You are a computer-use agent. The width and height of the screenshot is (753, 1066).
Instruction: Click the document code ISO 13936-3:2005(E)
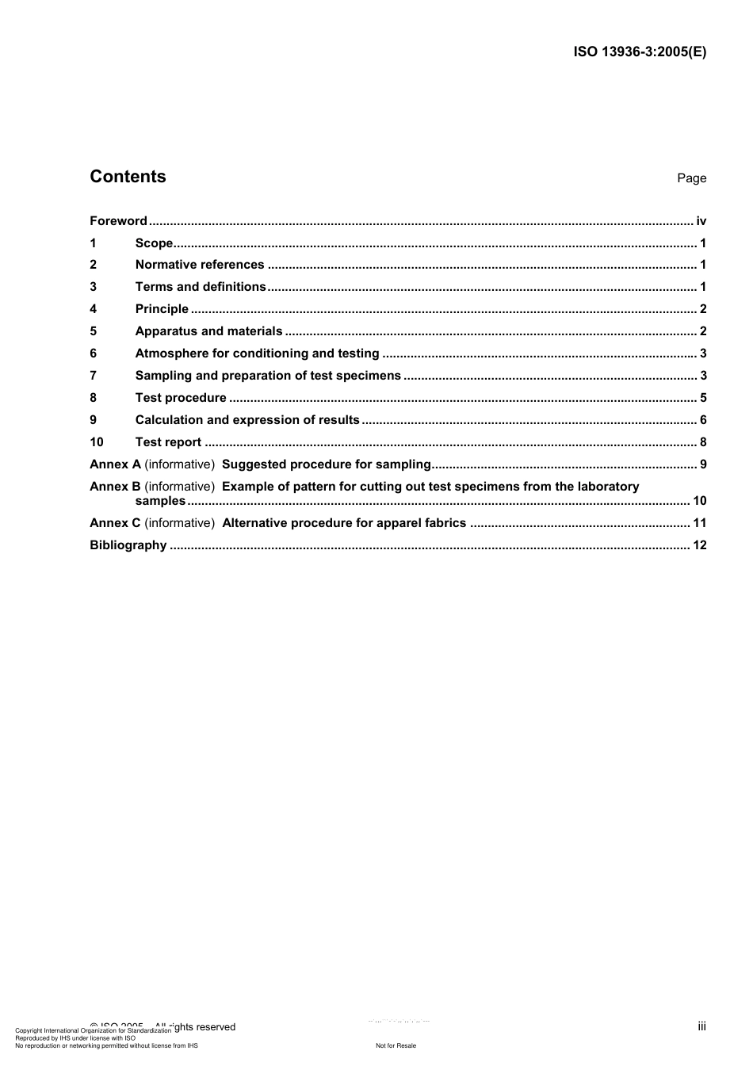tap(639, 52)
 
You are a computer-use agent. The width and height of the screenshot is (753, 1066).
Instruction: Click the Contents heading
tap(128, 177)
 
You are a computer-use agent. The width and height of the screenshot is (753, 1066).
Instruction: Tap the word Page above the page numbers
tap(691, 178)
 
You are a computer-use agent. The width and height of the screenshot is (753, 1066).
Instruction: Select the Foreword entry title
tap(118, 221)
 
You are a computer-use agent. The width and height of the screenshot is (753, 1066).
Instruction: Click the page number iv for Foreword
tap(701, 221)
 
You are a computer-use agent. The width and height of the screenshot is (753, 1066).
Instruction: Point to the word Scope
tap(154, 243)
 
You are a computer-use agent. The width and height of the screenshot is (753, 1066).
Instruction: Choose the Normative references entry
tap(200, 265)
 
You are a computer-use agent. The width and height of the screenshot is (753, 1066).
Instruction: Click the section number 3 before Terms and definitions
tap(94, 287)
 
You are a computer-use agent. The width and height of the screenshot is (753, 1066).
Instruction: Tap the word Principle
tap(162, 309)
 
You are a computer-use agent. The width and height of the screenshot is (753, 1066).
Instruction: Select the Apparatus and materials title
tap(208, 331)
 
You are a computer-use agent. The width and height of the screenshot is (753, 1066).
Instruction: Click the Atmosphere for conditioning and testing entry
tap(257, 353)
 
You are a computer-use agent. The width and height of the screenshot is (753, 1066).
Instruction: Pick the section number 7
tap(94, 376)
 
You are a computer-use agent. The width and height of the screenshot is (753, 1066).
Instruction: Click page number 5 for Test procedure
tap(703, 398)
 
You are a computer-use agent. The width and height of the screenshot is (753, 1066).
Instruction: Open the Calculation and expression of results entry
tap(247, 420)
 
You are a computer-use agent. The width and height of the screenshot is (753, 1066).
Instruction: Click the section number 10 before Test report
tap(97, 442)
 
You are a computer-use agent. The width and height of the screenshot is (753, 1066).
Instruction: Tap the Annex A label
tap(115, 464)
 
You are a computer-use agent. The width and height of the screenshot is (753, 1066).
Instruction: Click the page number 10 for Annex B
tap(699, 501)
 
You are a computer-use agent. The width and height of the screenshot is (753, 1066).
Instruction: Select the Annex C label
tap(115, 523)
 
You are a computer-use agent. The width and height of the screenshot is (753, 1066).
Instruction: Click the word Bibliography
tap(128, 545)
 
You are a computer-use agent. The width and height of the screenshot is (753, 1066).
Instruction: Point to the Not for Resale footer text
tap(396, 1045)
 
